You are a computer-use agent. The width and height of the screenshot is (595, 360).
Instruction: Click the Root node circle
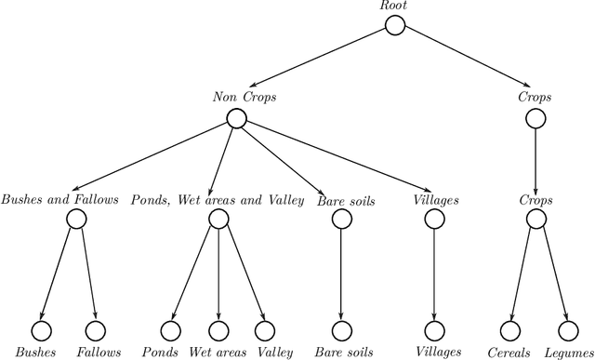[394, 26]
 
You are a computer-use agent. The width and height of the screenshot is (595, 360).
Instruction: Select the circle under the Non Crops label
[235, 118]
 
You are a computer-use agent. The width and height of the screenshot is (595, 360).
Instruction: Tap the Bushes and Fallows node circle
[76, 220]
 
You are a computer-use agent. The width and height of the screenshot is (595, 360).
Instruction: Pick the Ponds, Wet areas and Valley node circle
[218, 220]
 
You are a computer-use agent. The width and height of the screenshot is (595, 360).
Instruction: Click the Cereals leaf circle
[509, 330]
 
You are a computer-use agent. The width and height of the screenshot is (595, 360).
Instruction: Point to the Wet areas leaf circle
[218, 330]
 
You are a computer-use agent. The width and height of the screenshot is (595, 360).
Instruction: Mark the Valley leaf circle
[267, 330]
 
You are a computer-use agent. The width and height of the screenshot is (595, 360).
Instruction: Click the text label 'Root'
[394, 6]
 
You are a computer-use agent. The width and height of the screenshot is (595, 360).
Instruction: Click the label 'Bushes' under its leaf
[35, 353]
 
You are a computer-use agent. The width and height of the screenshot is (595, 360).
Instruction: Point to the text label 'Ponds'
[161, 353]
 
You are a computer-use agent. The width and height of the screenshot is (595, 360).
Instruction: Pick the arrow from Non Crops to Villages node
[335, 169]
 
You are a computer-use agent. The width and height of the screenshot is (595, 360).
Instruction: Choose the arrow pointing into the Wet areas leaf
[218, 275]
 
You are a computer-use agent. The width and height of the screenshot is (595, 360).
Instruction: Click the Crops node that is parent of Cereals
[535, 220]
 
